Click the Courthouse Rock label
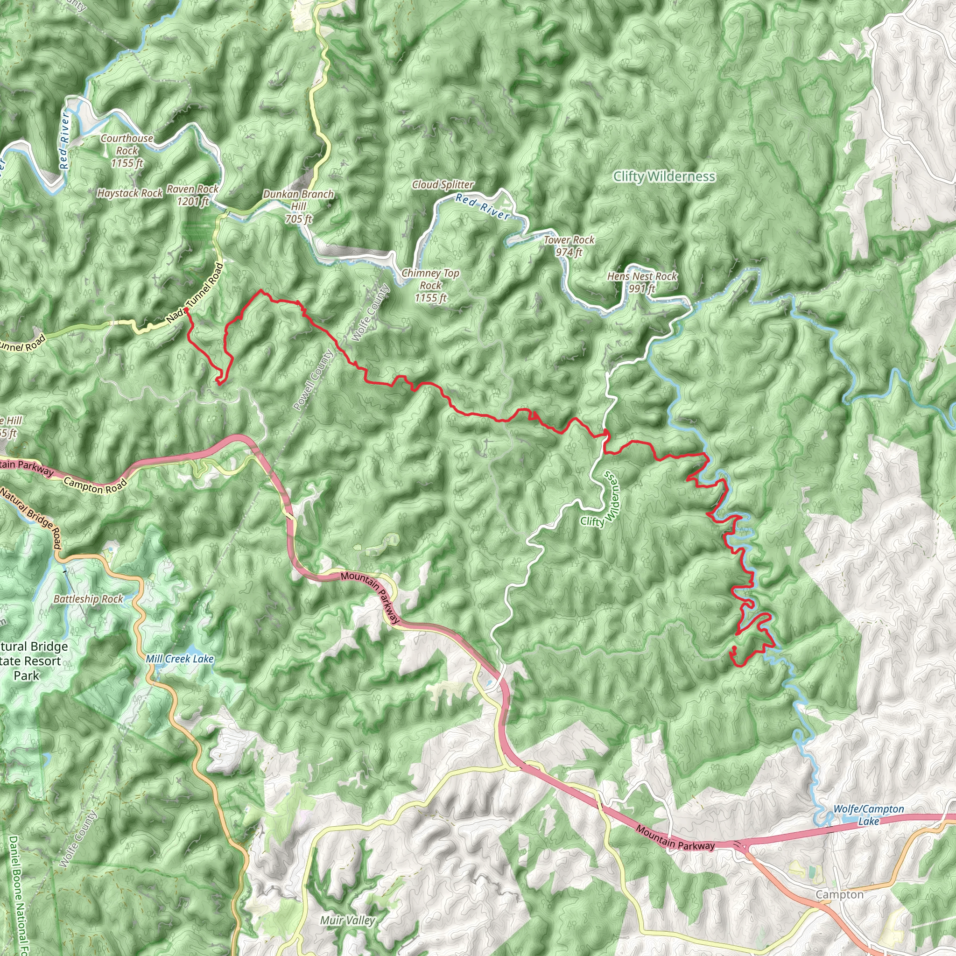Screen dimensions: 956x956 (x=127, y=150)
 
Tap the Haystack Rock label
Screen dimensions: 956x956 (x=130, y=193)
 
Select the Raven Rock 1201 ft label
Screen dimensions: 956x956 (x=192, y=195)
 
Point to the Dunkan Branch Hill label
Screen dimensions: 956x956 (x=298, y=206)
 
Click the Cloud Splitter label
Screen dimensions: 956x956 (x=443, y=184)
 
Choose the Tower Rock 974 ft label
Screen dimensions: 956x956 (x=569, y=246)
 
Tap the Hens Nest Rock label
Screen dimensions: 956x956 (x=642, y=282)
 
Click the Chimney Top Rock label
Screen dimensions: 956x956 (x=430, y=285)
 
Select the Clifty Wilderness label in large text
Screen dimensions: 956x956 (x=664, y=176)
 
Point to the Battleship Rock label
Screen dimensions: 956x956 (x=88, y=599)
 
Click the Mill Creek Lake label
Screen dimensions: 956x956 (x=180, y=659)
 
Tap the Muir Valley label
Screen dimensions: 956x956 (x=347, y=921)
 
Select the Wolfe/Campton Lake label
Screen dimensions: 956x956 (x=868, y=815)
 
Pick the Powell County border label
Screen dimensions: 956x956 (x=313, y=380)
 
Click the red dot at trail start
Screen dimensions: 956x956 (x=187, y=310)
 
